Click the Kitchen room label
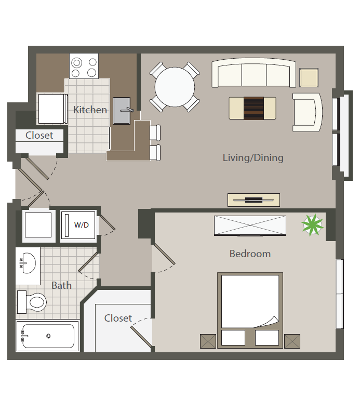pos(90,110)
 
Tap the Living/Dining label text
pos(253,157)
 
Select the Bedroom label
pos(250,254)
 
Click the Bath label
pos(61,285)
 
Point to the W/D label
pos(81,225)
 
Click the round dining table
pos(175,87)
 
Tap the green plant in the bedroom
pos(312,225)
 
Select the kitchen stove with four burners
pos(85,67)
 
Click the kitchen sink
pos(123,110)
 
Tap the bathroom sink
pos(27,263)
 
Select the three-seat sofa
pos(254,73)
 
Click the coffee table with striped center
pos(252,108)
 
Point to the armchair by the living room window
pos(307,112)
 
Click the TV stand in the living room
pos(254,200)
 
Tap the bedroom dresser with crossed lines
pos(250,225)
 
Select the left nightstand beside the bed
pos(208,341)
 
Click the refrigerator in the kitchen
pos(51,109)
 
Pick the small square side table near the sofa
pos(309,77)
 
